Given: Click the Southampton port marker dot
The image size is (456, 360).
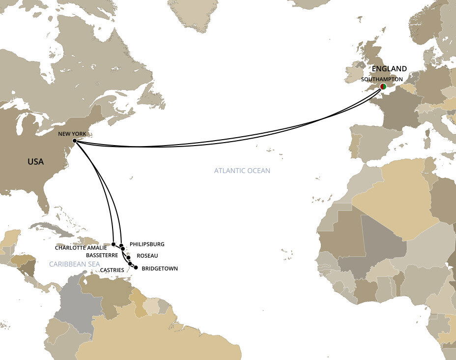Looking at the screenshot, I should point(383,87).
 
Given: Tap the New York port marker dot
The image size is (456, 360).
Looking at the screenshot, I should point(74,141).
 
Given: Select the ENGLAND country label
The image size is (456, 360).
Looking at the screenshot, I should point(389,69).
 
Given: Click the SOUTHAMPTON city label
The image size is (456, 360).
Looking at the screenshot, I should point(382,79).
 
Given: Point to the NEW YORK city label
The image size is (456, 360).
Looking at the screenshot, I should point(71,133).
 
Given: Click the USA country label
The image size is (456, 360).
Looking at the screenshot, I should point(35,161).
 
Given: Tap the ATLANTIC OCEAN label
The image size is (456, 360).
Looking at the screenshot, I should point(242,171).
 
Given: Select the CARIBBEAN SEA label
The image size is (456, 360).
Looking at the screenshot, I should point(74,264).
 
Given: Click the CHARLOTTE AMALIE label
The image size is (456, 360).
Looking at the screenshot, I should point(81,248).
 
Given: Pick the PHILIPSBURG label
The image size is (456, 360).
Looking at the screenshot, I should point(147,244).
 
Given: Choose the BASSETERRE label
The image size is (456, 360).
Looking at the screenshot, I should point(101,256).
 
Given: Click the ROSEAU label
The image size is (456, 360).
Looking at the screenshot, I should point(147,256).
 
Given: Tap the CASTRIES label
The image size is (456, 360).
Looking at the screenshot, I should point(112,270).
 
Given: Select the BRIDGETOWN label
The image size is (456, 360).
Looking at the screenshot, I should point(159,269).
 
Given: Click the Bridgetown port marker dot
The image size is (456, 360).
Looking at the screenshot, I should point(136,268).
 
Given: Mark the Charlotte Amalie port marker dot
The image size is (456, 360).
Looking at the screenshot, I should point(114,244).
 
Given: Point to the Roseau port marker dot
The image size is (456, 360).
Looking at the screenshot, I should point(129,257).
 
